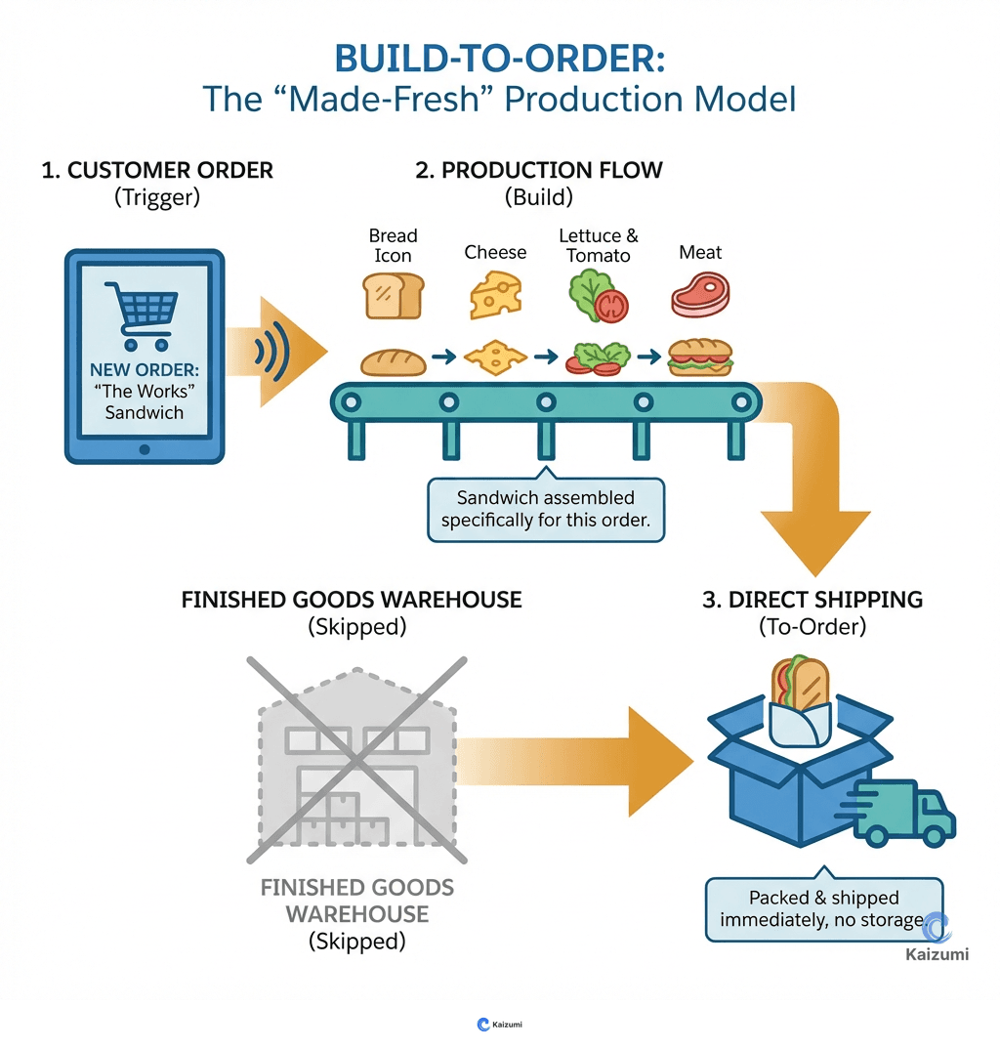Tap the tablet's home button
click(145, 448)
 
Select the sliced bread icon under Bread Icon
click(394, 294)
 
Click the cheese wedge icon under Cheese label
click(495, 294)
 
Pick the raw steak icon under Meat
click(700, 294)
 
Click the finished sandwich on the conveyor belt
click(699, 357)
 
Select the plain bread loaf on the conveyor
click(393, 361)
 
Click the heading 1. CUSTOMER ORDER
click(157, 170)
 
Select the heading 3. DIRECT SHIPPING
click(812, 599)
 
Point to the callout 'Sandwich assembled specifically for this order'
click(545, 509)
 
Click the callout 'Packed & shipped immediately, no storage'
click(823, 908)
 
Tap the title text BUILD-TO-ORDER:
click(499, 58)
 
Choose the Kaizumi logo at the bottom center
click(499, 1025)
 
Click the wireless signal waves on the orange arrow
click(267, 352)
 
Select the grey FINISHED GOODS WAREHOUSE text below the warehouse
click(356, 901)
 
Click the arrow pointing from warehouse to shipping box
click(576, 762)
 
